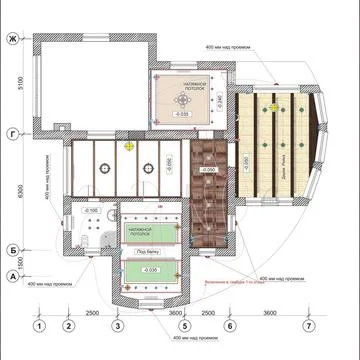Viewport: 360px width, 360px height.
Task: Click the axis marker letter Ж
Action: coord(12,38)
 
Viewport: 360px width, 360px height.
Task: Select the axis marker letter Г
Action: coord(12,132)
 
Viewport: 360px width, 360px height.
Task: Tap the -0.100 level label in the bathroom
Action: coord(89,212)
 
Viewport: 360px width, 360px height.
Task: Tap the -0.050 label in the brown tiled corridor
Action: coord(209,171)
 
